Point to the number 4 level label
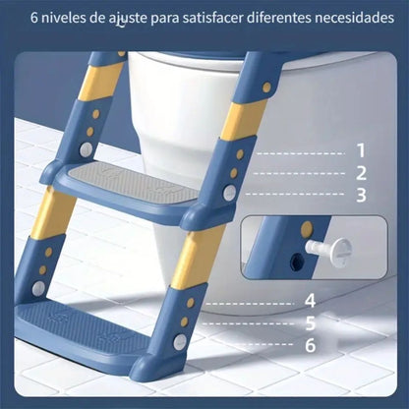click(x=310, y=300)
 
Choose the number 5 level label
click(x=310, y=321)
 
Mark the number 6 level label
click(x=310, y=344)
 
